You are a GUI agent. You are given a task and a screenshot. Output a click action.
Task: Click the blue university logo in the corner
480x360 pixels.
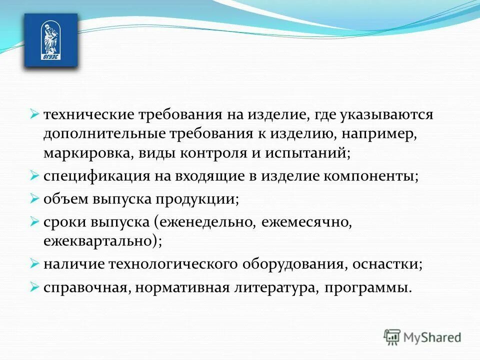51,40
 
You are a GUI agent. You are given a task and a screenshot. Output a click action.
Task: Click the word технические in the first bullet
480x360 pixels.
81,114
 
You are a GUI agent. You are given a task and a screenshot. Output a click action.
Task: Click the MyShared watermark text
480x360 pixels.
432,337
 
